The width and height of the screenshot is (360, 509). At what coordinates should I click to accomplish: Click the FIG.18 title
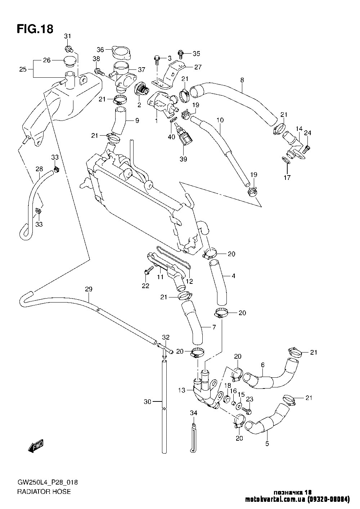(35, 29)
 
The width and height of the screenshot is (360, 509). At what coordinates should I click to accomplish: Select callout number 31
(68, 36)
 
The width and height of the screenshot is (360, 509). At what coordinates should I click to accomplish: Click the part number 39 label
(183, 159)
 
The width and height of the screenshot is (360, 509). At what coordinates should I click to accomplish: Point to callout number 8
(242, 80)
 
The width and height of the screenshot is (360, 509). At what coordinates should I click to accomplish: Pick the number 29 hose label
(89, 289)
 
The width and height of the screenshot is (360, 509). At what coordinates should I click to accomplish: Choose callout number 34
(194, 414)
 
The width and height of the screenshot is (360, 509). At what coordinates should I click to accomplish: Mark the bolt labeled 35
(181, 54)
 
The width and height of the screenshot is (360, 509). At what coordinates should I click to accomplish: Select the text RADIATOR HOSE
(44, 491)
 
